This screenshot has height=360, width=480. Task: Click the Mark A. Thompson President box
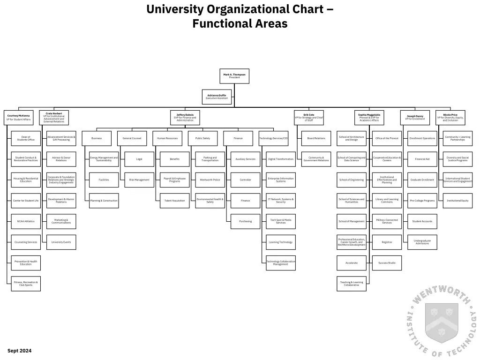coord(234,76)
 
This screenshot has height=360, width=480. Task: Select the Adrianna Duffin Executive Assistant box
coord(217,97)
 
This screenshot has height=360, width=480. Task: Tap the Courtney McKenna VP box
coord(18,118)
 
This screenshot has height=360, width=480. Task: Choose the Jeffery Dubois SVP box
coord(185,118)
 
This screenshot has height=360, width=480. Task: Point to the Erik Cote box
coord(309,118)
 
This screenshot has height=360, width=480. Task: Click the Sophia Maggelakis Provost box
coord(369,118)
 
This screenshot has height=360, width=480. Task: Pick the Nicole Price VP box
coord(450,118)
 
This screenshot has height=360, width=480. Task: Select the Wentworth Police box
coord(210,180)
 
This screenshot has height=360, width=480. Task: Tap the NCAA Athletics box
coord(26,221)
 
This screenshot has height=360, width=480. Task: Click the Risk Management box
coord(139,180)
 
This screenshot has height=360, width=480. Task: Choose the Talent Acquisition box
coord(174,201)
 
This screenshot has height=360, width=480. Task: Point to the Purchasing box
coord(245,221)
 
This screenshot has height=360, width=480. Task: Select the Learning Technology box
coord(281,242)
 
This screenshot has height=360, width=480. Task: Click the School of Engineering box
coord(352,180)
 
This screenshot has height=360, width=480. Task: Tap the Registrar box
coord(387,242)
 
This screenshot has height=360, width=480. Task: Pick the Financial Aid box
coord(422,159)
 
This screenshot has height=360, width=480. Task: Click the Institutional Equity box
coord(457,201)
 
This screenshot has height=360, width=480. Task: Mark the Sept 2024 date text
coord(19,351)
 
